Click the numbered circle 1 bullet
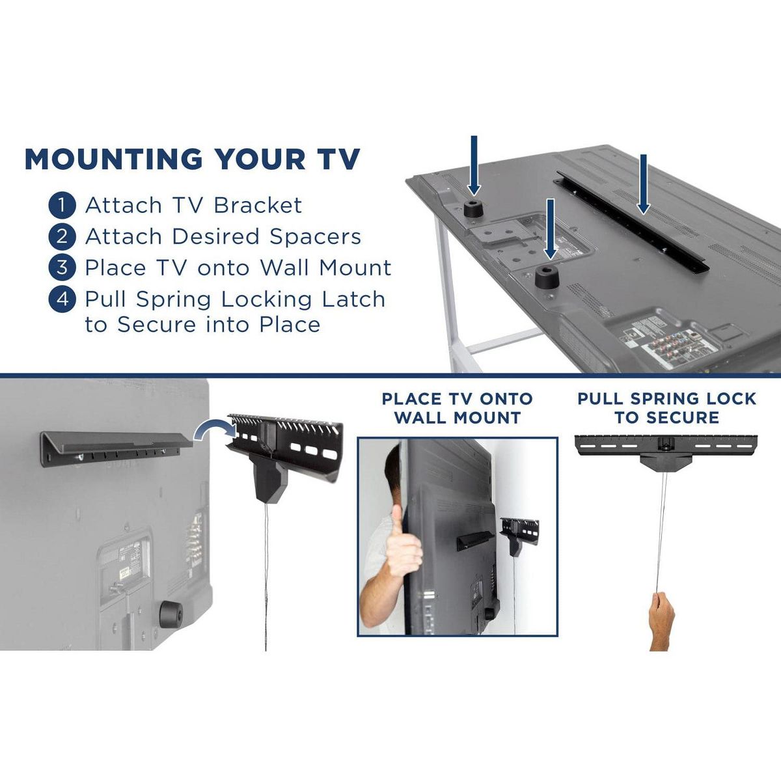click(x=62, y=206)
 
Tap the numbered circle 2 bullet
click(x=62, y=237)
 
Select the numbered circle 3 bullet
click(x=62, y=268)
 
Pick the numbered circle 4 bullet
click(x=62, y=300)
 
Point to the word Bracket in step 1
click(x=258, y=205)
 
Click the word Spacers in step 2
click(x=315, y=237)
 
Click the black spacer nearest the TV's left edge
click(x=474, y=209)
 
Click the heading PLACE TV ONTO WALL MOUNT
click(x=457, y=409)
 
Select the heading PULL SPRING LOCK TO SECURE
click(x=666, y=408)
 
